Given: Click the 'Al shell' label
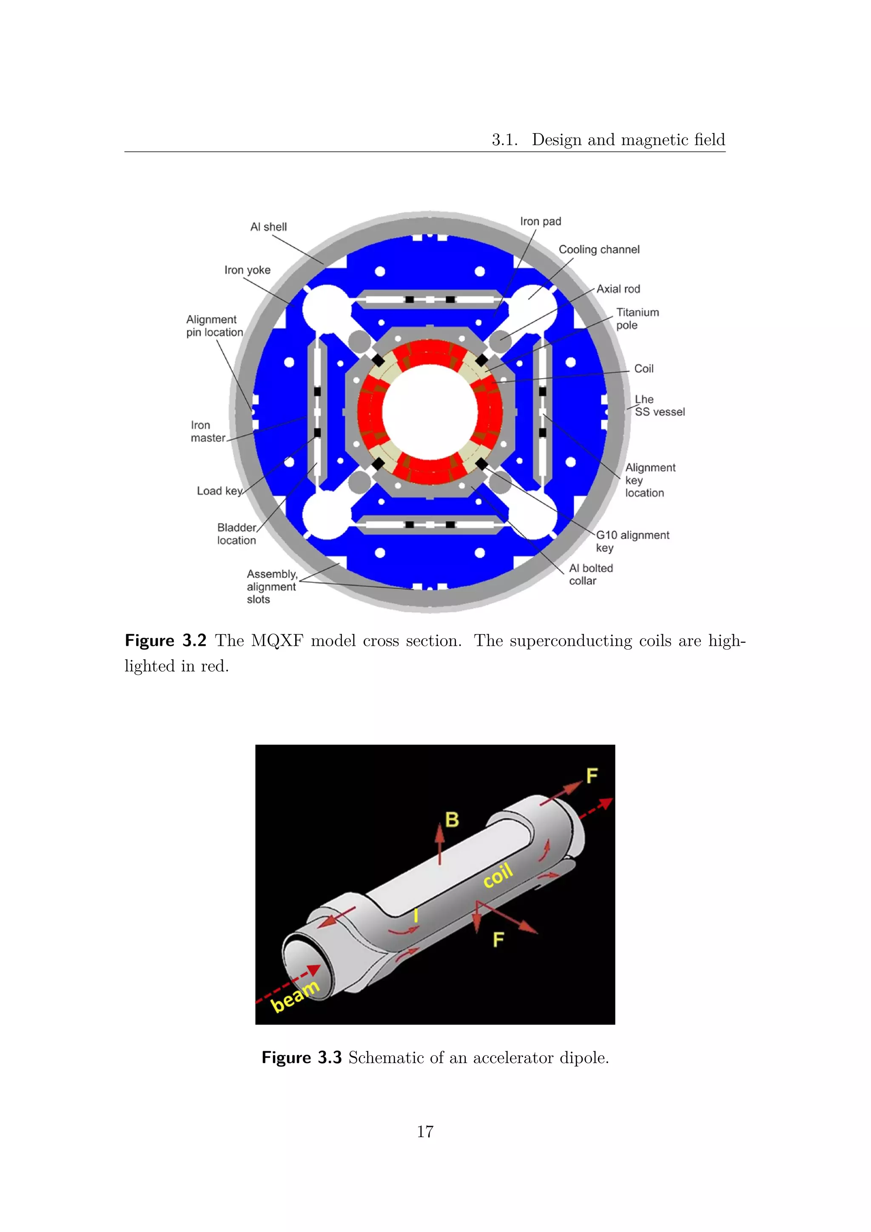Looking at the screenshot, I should pyautogui.click(x=268, y=227).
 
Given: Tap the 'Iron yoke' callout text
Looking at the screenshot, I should pyautogui.click(x=247, y=270).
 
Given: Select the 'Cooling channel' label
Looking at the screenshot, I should pyautogui.click(x=599, y=250).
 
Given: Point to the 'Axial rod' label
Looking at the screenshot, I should pyautogui.click(x=618, y=289).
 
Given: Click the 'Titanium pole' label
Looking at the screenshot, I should pyautogui.click(x=637, y=319).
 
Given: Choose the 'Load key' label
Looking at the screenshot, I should pyautogui.click(x=219, y=491).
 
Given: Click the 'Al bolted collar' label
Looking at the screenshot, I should pyautogui.click(x=590, y=574).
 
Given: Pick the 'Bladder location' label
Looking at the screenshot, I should pyautogui.click(x=236, y=534).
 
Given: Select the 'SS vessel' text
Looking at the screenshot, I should pyautogui.click(x=660, y=412).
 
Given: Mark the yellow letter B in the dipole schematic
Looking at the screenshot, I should pyautogui.click(x=452, y=819).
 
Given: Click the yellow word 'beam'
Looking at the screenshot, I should pyautogui.click(x=295, y=996).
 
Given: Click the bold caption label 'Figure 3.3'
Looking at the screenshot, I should pyautogui.click(x=302, y=1058).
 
